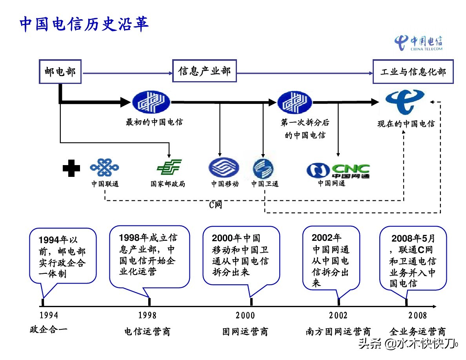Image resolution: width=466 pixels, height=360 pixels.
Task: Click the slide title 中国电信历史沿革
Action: pyautogui.click(x=84, y=24)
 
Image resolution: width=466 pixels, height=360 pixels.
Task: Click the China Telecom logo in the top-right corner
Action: pyautogui.click(x=418, y=42)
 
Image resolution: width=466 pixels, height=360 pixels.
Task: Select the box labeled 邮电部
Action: pyautogui.click(x=60, y=72)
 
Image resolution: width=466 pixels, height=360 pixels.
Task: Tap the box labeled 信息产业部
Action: pyautogui.click(x=204, y=71)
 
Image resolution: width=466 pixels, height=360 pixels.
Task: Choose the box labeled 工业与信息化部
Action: pyautogui.click(x=413, y=72)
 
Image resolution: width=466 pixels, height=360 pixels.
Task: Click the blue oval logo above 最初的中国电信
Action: pyautogui.click(x=151, y=102)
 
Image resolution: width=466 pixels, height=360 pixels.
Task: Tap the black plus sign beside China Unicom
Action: pyautogui.click(x=71, y=168)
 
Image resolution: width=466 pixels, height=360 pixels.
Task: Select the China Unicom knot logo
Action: pyautogui.click(x=104, y=168)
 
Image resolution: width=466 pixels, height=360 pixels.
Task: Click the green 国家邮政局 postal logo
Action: pyautogui.click(x=169, y=168)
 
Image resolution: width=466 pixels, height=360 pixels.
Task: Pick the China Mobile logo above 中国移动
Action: pyautogui.click(x=224, y=168)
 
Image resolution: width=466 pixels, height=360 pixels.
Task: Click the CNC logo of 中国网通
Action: pyautogui.click(x=338, y=170)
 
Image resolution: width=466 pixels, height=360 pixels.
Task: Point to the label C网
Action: pyautogui.click(x=216, y=205)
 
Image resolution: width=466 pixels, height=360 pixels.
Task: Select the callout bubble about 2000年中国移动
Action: pyautogui.click(x=241, y=255)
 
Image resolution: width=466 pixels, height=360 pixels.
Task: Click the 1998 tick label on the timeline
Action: pyautogui.click(x=147, y=315)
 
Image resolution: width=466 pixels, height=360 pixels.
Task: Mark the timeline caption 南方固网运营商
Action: pyautogui.click(x=338, y=332)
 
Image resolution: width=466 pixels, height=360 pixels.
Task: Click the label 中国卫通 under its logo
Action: pyautogui.click(x=265, y=184)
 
